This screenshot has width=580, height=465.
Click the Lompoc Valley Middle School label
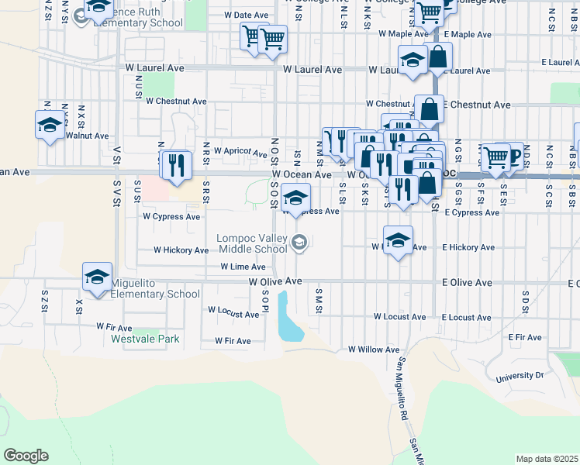click(253, 243)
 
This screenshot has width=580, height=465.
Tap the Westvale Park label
click(145, 339)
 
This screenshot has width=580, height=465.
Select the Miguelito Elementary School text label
click(155, 288)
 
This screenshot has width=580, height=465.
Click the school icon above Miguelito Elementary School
click(98, 277)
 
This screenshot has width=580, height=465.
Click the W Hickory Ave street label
click(181, 250)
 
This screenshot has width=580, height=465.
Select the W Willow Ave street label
click(374, 350)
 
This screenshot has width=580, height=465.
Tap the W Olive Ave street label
click(274, 283)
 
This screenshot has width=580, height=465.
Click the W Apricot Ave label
click(240, 152)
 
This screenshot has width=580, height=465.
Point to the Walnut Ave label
click(87, 136)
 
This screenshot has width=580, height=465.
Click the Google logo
click(26, 456)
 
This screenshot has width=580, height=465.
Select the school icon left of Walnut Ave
click(50, 125)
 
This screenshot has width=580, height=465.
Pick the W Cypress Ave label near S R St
click(171, 217)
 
